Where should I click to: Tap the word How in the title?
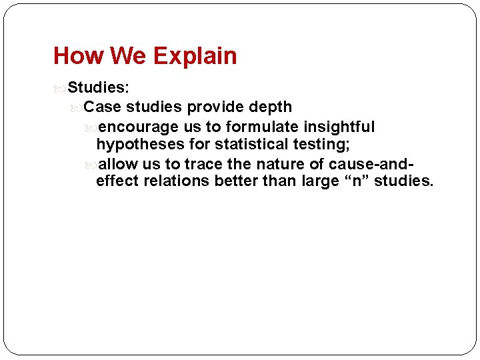point(74,56)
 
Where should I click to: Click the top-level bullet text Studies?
point(99,87)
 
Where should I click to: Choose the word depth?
point(270,107)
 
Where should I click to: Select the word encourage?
point(138,127)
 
